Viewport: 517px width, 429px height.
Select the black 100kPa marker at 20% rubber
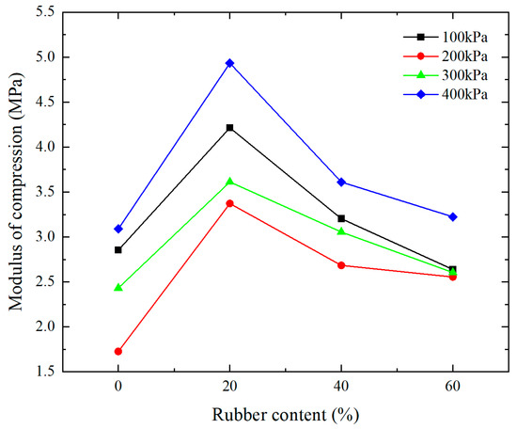point(229,128)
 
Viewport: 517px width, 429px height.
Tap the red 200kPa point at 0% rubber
point(117,351)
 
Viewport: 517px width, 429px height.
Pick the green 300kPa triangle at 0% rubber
point(117,287)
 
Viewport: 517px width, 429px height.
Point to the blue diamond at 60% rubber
point(452,216)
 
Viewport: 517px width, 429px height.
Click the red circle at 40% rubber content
point(340,265)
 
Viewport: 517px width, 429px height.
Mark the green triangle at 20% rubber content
point(229,181)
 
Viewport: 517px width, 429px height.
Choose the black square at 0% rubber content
point(117,249)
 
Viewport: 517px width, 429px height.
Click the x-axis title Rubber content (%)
point(285,413)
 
